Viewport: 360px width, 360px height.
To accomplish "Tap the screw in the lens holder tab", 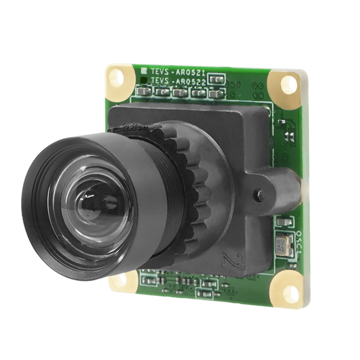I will [x=260, y=193].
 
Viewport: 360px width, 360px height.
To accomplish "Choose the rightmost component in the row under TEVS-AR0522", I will [x=214, y=94].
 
